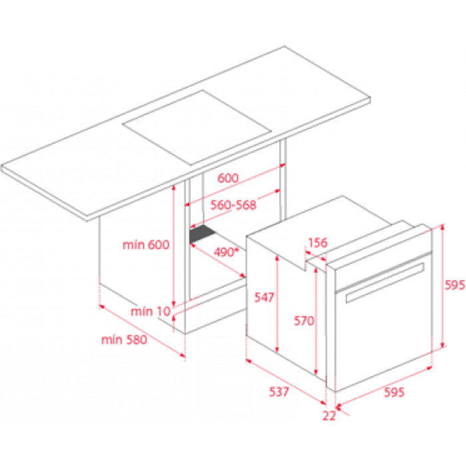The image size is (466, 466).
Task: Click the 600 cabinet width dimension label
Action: coord(228,178)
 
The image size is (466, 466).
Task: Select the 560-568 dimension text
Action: coord(233,205)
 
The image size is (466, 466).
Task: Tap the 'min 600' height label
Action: coord(146,244)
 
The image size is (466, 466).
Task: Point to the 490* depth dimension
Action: coord(226,252)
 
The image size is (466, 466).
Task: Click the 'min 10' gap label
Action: coord(150,311)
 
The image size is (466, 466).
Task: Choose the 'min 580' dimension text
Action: coord(124,340)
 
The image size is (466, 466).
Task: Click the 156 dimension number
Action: coord(318,242)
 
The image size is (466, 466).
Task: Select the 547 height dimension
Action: coord(264,297)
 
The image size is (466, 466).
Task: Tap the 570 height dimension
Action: coord(304,321)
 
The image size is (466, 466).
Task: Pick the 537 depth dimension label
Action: coord(279,391)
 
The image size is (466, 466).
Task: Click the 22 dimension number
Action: coord(330,415)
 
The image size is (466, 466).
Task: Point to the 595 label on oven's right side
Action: coord(455,285)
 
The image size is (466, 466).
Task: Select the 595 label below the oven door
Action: coord(394,392)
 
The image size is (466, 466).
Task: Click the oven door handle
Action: coord(385,283)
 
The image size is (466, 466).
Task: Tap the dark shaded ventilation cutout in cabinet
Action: coord(202,234)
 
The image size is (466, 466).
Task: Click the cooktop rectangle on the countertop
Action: coord(197,128)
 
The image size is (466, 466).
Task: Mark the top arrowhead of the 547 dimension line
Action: coord(277,258)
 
